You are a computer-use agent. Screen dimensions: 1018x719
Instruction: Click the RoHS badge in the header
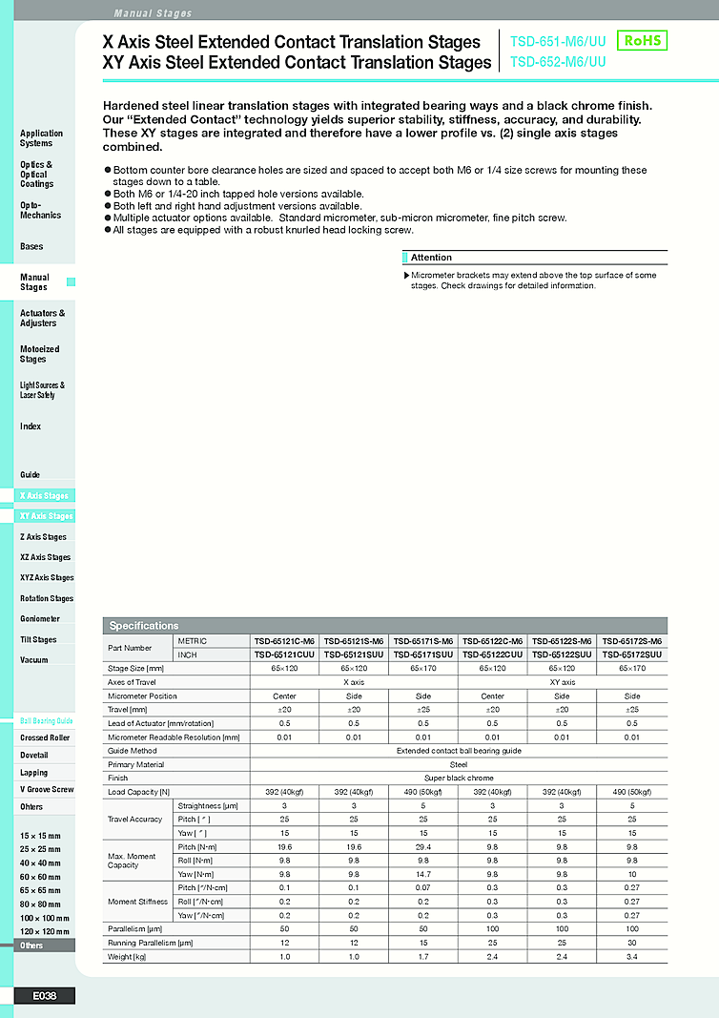click(642, 40)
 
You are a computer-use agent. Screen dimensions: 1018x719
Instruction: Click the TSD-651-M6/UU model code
click(558, 42)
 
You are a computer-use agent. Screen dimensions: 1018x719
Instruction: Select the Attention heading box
click(535, 258)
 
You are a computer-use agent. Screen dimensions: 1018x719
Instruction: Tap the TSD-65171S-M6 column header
click(423, 641)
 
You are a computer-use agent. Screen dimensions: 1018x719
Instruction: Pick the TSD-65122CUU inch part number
click(493, 654)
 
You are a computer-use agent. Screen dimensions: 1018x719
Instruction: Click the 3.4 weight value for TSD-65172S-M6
click(632, 956)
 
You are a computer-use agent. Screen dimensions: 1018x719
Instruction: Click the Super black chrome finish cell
click(459, 779)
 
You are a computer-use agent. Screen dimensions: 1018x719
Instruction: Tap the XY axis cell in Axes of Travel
click(563, 682)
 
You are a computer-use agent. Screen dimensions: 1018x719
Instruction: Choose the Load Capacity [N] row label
click(139, 792)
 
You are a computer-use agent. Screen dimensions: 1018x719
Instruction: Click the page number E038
click(44, 996)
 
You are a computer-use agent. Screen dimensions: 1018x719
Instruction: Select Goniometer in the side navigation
click(40, 619)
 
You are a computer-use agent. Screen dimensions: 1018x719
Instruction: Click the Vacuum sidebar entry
click(33, 660)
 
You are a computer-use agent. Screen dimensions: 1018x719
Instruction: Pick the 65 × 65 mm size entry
click(40, 890)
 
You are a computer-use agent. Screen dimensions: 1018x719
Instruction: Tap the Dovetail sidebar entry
click(34, 755)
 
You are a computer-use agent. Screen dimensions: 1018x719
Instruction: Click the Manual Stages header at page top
click(153, 13)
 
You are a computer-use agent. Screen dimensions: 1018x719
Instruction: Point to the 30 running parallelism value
click(632, 943)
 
